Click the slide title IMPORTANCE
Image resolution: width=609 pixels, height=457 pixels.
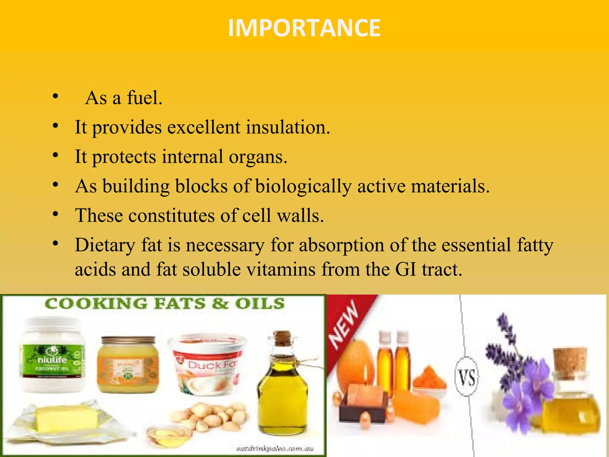[x=304, y=28]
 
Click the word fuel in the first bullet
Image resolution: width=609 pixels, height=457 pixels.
[x=144, y=98]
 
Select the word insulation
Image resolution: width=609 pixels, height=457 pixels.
[x=288, y=127]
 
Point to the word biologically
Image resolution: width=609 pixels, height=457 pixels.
[x=303, y=187]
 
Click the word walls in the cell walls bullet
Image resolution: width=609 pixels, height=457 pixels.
[x=300, y=215]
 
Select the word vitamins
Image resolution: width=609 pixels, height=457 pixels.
[x=281, y=269]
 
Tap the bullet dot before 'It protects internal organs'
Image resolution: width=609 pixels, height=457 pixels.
[x=55, y=155]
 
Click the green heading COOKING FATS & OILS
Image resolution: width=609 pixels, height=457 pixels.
[x=164, y=304]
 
